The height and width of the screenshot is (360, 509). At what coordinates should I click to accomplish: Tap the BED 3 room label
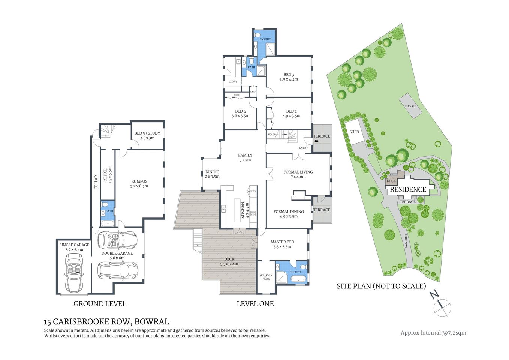289,77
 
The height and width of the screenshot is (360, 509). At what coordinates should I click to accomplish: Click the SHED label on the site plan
354,132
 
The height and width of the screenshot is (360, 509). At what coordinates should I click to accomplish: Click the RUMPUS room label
139,184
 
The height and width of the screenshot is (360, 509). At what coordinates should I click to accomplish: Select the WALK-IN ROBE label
266,277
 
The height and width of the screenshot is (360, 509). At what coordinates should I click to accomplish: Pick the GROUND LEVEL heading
100,304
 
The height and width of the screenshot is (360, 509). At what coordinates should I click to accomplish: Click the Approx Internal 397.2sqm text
433,333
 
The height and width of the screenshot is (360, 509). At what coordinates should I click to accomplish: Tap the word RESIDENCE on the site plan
408,190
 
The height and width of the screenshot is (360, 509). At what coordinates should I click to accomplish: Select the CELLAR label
96,182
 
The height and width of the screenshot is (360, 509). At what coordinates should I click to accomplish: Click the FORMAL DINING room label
289,214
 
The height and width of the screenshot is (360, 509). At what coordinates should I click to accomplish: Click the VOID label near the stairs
271,134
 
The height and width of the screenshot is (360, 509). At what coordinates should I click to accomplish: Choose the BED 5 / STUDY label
147,135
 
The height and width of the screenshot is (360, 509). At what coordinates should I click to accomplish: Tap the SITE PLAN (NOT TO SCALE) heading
381,286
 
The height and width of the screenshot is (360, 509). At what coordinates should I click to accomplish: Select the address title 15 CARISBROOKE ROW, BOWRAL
106,322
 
